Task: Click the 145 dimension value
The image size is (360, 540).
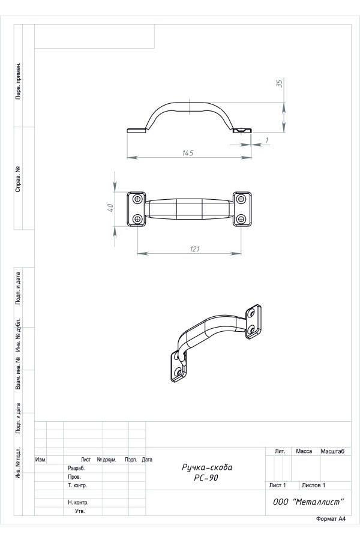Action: click(x=188, y=152)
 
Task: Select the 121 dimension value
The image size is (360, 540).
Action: click(x=194, y=248)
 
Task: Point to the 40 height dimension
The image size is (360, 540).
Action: click(x=110, y=208)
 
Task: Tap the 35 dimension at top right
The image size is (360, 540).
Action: click(x=280, y=83)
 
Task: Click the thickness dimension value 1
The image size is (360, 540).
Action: click(x=266, y=140)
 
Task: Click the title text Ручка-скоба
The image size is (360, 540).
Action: click(x=207, y=467)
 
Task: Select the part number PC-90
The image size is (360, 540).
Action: click(x=206, y=478)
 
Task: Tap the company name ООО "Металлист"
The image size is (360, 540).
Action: click(x=308, y=502)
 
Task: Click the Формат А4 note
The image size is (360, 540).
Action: click(x=331, y=519)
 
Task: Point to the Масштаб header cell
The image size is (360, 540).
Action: click(x=332, y=451)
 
